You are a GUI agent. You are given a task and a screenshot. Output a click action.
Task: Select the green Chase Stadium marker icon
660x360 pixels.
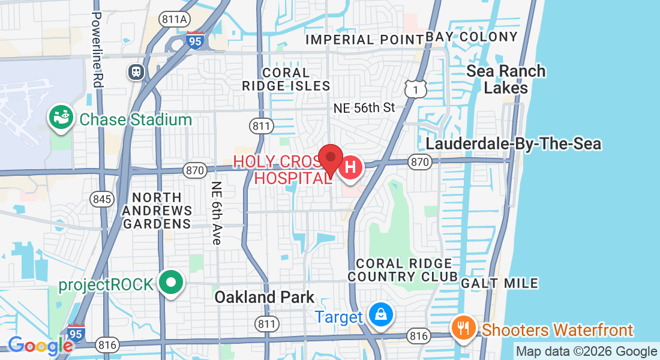(61, 118)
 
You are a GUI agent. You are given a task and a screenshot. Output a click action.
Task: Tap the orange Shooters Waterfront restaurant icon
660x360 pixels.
(463, 328)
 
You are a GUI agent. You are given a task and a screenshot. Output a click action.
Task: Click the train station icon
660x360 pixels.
(137, 72)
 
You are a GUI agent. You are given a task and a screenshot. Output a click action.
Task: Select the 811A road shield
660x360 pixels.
(173, 19)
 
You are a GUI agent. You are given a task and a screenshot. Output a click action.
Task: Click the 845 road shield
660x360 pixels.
(102, 199)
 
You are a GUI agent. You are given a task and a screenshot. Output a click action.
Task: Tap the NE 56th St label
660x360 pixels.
(364, 108)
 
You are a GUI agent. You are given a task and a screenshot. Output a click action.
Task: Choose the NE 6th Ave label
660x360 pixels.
(217, 213)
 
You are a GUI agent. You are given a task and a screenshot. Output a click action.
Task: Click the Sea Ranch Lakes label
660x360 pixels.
(506, 79)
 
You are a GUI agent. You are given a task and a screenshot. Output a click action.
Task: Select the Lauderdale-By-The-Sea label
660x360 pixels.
(513, 144)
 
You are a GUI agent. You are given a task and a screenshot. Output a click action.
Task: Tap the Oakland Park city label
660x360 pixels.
(264, 297)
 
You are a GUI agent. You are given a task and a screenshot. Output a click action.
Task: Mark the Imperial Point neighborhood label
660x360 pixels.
(364, 40)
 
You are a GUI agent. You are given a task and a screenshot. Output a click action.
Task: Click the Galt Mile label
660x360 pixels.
(499, 283)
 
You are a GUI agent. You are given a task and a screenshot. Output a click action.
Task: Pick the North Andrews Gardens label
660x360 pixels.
(157, 211)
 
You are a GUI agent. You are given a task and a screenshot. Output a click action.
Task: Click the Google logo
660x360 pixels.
(40, 346)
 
